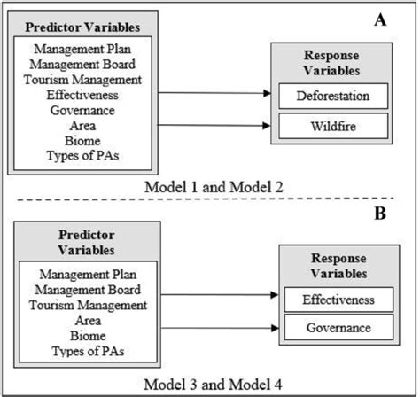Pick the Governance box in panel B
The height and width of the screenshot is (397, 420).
pos(337,330)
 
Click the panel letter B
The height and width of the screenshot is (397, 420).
pos(384,214)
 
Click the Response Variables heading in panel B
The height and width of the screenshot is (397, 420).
pos(337,263)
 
